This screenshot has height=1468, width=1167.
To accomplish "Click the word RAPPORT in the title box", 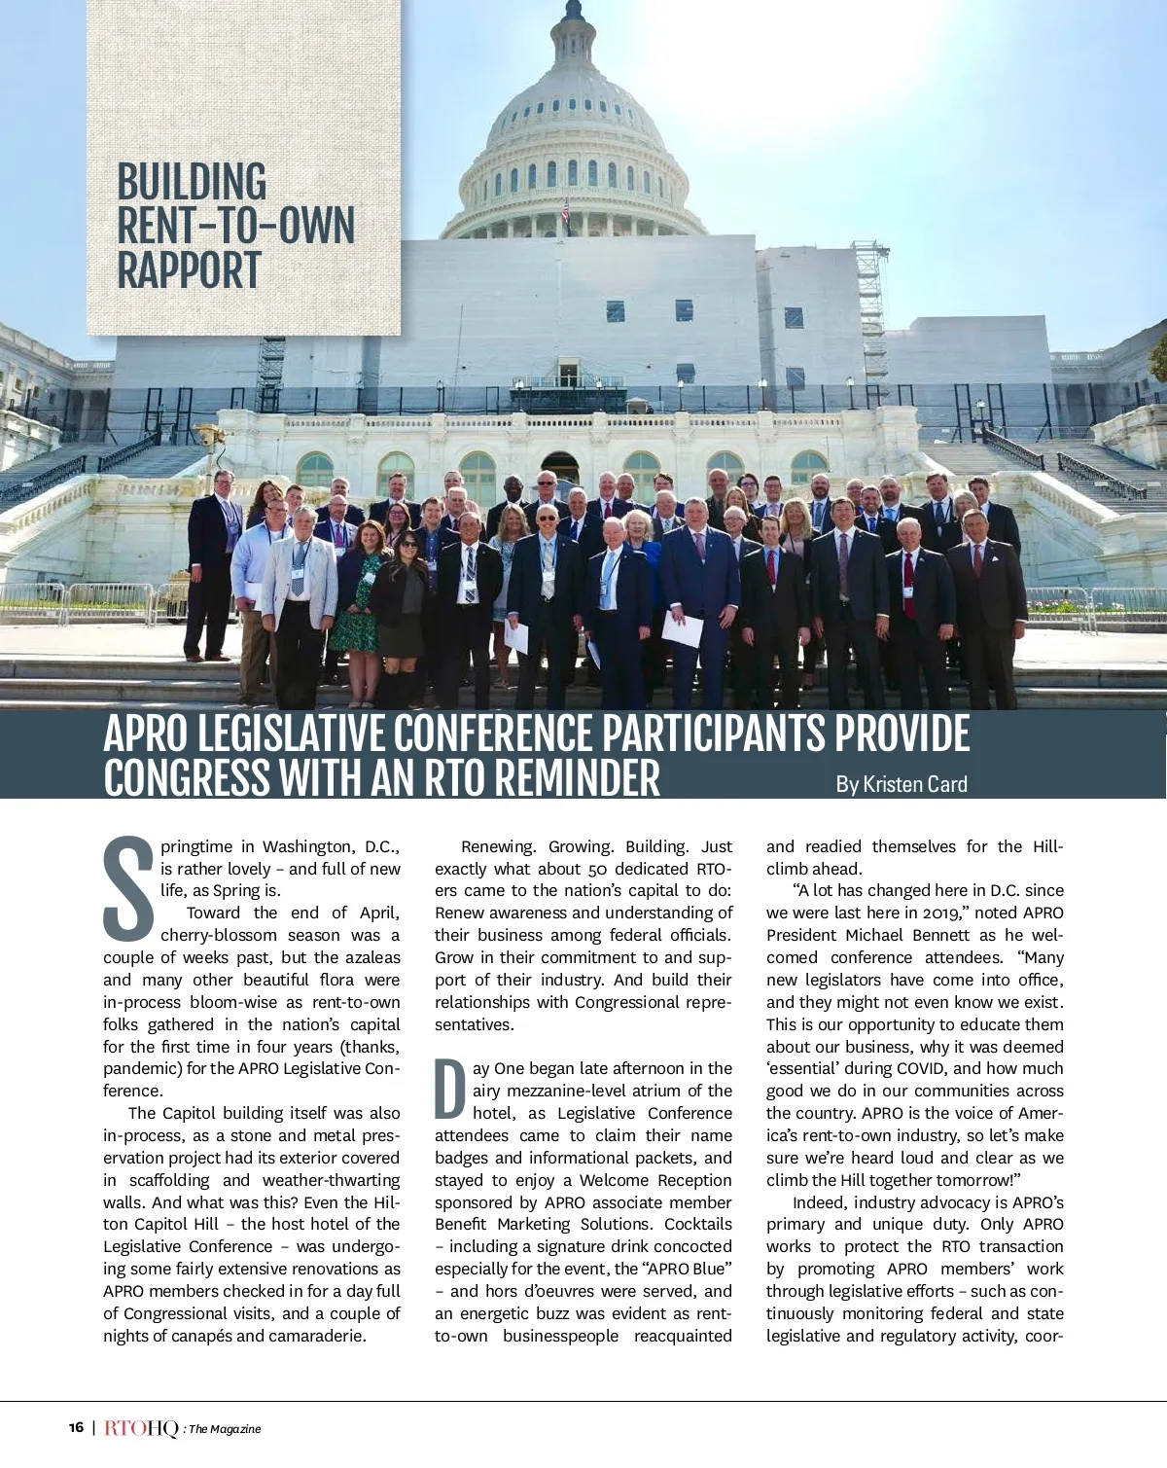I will point(189,270).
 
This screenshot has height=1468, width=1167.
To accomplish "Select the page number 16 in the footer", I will point(76,1428).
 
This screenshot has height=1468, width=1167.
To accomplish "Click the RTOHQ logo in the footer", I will point(141,1428).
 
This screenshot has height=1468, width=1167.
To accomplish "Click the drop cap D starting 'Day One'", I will point(450,1090).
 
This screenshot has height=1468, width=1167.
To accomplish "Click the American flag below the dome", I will point(565,216).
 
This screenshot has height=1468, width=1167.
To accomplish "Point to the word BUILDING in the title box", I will point(192,183).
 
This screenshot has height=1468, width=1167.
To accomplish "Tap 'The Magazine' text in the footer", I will point(225,1429).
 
